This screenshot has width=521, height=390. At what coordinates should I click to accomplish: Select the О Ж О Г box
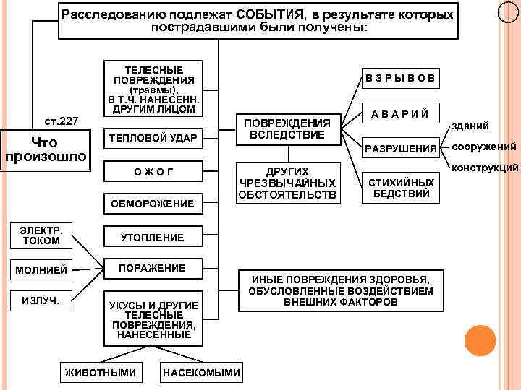coord(151,171)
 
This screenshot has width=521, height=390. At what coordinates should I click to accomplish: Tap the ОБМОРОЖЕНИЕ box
coord(151,204)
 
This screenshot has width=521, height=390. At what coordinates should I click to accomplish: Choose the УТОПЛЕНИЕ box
coord(151,237)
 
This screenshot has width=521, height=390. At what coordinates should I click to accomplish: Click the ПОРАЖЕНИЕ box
coord(151,268)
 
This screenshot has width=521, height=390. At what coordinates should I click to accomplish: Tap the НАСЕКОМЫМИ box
coord(201,373)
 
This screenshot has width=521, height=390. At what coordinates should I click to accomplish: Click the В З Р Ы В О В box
coord(400,78)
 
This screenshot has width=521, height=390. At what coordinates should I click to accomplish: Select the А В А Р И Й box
coord(400,114)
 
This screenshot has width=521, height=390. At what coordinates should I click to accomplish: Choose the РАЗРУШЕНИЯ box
coord(400,149)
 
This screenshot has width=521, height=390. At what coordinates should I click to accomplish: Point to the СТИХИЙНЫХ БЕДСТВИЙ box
coord(400,188)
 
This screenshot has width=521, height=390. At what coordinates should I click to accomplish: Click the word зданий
coord(470,126)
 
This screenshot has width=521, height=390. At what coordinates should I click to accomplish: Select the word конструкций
coord(486,168)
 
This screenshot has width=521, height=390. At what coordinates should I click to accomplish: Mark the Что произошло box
coord(46,149)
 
